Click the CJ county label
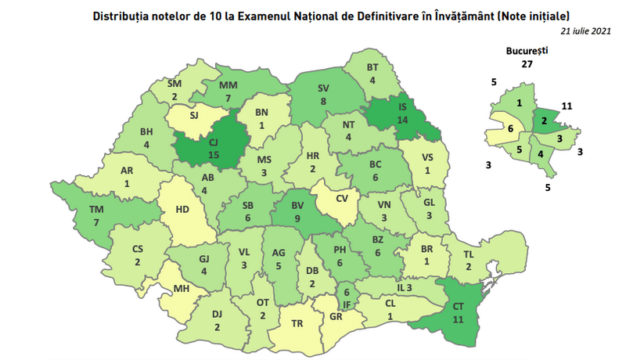(212, 142)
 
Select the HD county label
(181, 209)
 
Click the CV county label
(342, 198)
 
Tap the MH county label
(182, 289)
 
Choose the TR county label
(297, 322)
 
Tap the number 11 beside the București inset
(568, 105)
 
